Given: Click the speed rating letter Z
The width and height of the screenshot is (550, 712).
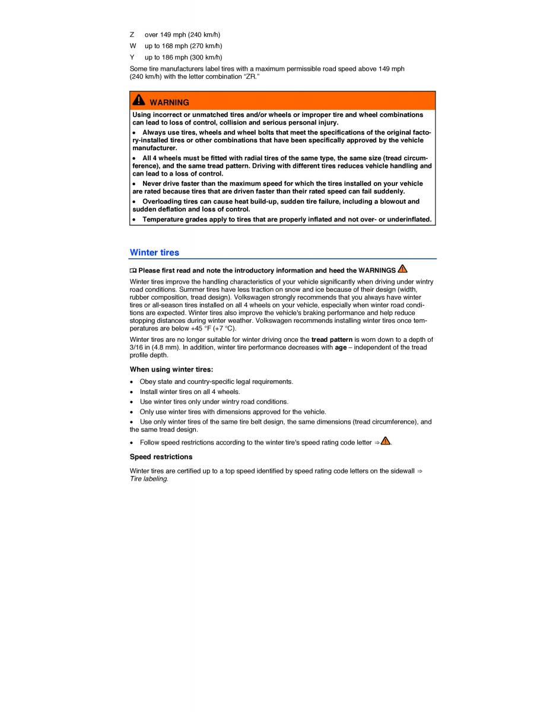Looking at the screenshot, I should pyautogui.click(x=132, y=34).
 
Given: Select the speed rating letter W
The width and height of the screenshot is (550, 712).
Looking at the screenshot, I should pyautogui.click(x=132, y=46).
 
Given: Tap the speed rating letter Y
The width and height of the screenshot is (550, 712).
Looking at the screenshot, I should pyautogui.click(x=132, y=57).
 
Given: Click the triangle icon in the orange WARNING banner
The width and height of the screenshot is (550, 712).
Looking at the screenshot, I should pyautogui.click(x=139, y=100).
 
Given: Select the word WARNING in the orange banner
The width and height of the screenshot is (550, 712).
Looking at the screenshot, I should pyautogui.click(x=169, y=102).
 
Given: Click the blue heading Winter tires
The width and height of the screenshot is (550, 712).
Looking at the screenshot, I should pyautogui.click(x=154, y=252).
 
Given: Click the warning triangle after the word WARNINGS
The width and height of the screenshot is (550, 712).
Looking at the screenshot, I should pyautogui.click(x=403, y=269).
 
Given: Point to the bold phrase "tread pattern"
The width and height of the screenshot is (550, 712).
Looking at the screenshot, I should pyautogui.click(x=332, y=339).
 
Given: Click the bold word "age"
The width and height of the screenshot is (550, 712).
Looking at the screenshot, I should pyautogui.click(x=341, y=347).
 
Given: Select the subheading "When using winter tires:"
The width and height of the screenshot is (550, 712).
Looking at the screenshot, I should pyautogui.click(x=171, y=369).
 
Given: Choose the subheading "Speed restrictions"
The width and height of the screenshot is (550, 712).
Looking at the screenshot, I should pyautogui.click(x=161, y=456).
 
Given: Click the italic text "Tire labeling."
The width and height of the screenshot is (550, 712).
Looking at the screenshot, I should pyautogui.click(x=149, y=479).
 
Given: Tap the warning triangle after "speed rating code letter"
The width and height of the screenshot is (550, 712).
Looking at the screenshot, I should pyautogui.click(x=386, y=441).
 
